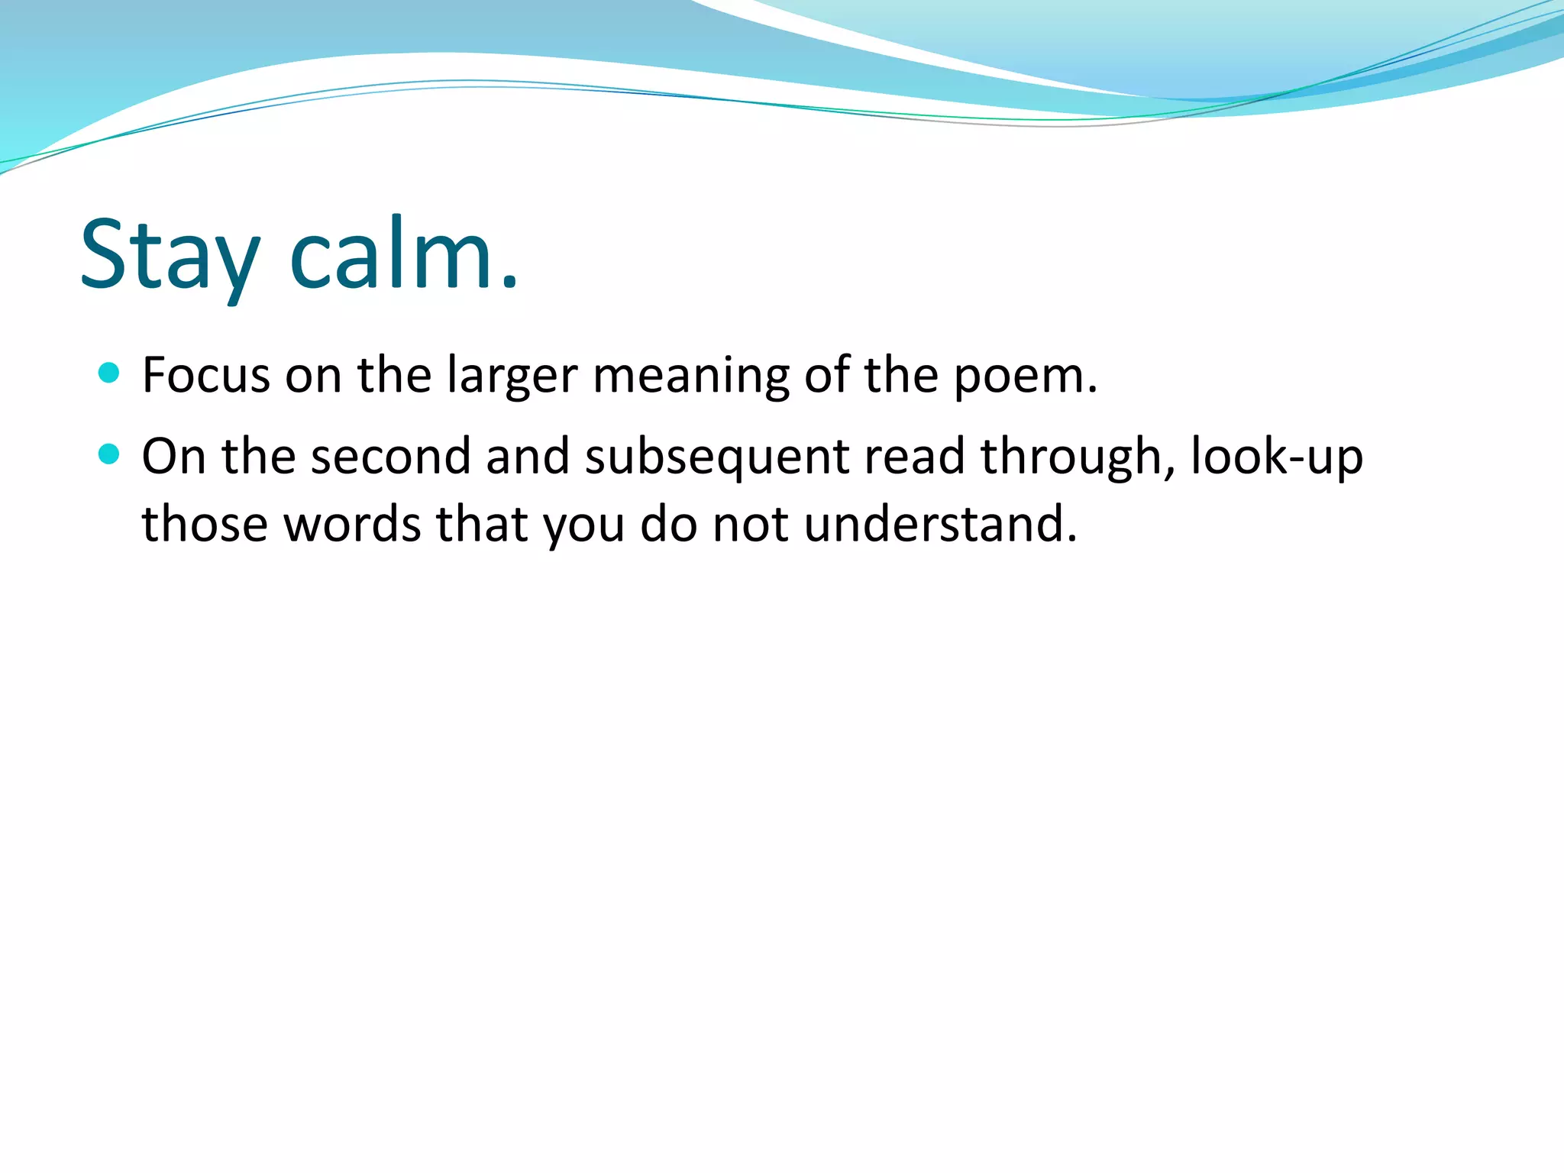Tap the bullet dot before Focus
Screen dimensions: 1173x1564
pyautogui.click(x=110, y=373)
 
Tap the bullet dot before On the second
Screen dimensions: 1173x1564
pyautogui.click(x=110, y=454)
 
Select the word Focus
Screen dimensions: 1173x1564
pyautogui.click(x=206, y=376)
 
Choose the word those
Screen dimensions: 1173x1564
pyautogui.click(x=205, y=525)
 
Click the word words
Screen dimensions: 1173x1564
pyautogui.click(x=352, y=525)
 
